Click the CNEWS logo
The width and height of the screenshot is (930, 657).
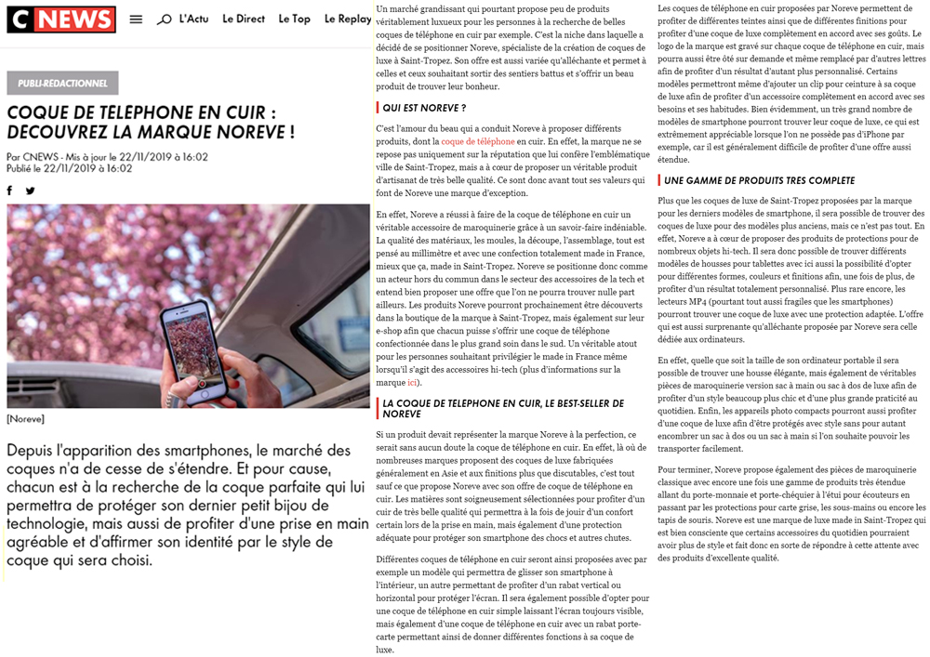coord(61,20)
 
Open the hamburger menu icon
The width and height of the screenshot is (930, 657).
coord(136,20)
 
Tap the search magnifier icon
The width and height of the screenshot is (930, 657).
coord(165,20)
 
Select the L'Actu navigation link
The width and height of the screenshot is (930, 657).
coord(193,19)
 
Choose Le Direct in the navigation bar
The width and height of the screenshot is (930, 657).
coord(244,19)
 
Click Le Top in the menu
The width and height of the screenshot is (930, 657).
coord(294,19)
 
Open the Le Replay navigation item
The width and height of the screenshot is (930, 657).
coord(347,19)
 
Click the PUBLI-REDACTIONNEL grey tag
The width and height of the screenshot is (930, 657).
coord(62,84)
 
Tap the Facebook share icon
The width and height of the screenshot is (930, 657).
coord(10,191)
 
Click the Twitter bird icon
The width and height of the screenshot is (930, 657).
coord(30,191)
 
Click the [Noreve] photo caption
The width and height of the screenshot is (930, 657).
coord(25,419)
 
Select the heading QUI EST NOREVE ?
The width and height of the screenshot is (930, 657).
coord(424,108)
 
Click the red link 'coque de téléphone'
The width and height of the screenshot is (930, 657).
coord(477,141)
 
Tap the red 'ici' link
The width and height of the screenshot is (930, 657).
coord(412,382)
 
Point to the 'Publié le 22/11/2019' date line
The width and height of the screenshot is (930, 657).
coord(70,169)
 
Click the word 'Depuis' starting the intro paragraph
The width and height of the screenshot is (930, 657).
coord(36,451)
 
